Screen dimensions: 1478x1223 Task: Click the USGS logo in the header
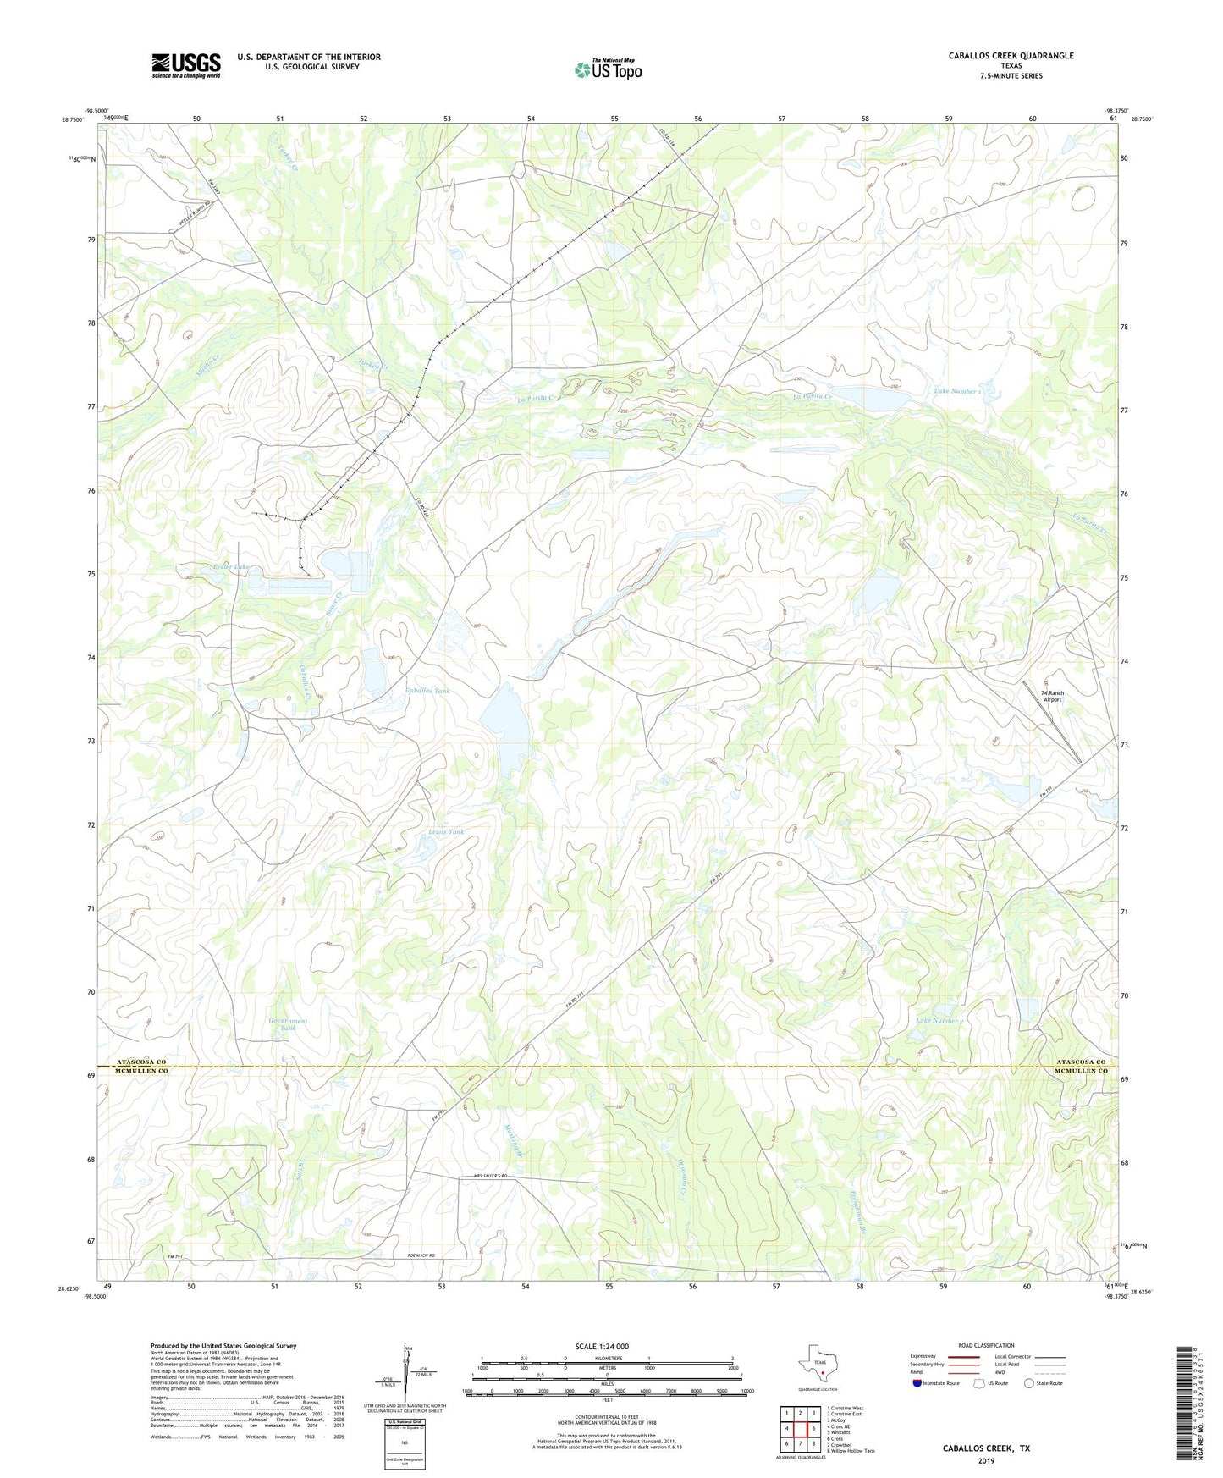[x=186, y=65]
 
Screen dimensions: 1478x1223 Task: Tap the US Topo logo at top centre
[x=608, y=69]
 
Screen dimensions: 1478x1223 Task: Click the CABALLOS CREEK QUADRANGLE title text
[x=1011, y=56]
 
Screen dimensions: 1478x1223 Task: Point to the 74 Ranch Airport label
[x=1052, y=696]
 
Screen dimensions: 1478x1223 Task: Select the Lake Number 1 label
[x=956, y=391]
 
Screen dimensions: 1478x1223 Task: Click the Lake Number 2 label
[x=939, y=1021]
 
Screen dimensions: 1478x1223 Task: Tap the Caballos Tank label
[x=427, y=692]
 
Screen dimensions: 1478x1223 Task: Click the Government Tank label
[x=288, y=1024]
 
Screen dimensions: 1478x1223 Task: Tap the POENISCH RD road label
[x=420, y=1255]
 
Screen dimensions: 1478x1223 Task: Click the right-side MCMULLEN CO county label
[x=1080, y=1072]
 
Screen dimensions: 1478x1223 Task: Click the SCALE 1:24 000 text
[x=602, y=1347]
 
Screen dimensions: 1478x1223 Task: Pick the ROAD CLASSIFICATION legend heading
[x=986, y=1345]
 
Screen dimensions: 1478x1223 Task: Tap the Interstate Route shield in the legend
[x=917, y=1383]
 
